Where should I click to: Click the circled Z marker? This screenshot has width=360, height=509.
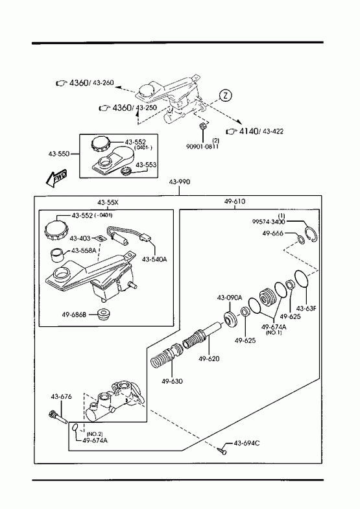pyautogui.click(x=226, y=96)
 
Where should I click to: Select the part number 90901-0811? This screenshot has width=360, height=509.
pyautogui.click(x=202, y=147)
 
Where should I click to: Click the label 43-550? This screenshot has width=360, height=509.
pyautogui.click(x=59, y=154)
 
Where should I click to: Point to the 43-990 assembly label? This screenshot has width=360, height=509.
pyautogui.click(x=180, y=182)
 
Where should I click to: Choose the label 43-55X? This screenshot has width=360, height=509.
pyautogui.click(x=108, y=202)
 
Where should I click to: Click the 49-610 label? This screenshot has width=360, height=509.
pyautogui.click(x=235, y=201)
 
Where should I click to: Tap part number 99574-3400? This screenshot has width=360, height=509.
pyautogui.click(x=269, y=222)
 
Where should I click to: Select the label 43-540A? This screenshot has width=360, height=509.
pyautogui.click(x=154, y=259)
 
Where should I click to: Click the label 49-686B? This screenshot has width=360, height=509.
pyautogui.click(x=74, y=314)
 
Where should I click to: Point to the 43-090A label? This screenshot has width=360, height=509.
pyautogui.click(x=230, y=298)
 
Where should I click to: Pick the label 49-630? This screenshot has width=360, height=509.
pyautogui.click(x=172, y=381)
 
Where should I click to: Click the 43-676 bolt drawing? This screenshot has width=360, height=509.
pyautogui.click(x=58, y=417)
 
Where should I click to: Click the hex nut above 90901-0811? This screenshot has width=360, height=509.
pyautogui.click(x=202, y=126)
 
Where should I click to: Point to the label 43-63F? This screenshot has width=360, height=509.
pyautogui.click(x=306, y=309)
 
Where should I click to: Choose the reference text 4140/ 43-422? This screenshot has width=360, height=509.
pyautogui.click(x=255, y=131)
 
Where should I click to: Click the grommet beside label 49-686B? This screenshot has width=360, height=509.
pyautogui.click(x=104, y=314)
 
